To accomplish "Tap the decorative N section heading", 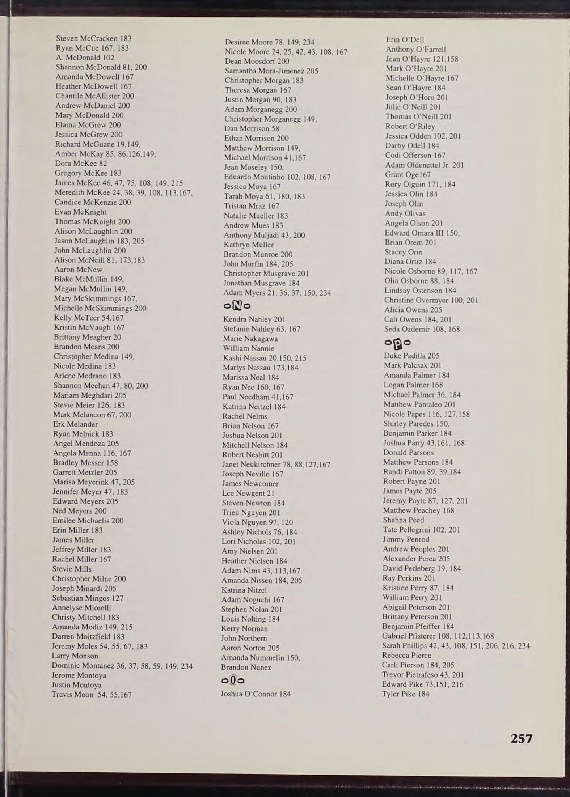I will (x=237, y=306).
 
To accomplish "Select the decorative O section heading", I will (x=233, y=681).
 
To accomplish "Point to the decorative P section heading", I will (x=398, y=342).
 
